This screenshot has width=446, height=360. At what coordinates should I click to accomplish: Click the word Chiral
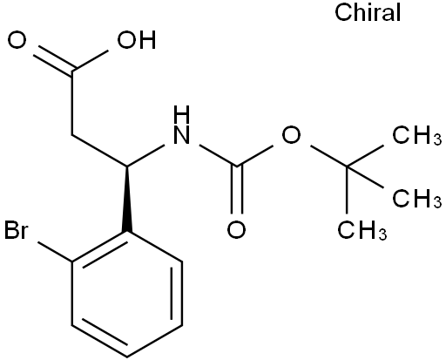[x=368, y=12]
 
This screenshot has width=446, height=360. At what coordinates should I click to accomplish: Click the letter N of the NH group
[x=181, y=135]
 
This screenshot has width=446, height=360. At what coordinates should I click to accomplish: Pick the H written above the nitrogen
[x=181, y=114]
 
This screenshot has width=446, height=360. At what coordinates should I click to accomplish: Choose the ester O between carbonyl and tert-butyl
[x=291, y=135]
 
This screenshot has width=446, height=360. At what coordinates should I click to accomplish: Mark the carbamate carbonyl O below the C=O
[x=236, y=229]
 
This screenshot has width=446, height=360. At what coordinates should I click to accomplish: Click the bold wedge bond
[x=127, y=200]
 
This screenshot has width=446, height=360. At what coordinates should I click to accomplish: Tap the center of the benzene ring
[x=127, y=294]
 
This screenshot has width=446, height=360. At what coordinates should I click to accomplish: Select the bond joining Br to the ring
[x=55, y=252]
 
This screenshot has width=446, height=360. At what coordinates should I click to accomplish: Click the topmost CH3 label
[x=417, y=135]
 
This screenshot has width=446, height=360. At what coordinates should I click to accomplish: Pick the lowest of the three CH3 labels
[x=362, y=230]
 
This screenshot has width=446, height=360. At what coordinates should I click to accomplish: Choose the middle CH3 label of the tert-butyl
[x=417, y=198]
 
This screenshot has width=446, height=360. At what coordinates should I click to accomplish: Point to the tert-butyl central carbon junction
[x=347, y=166]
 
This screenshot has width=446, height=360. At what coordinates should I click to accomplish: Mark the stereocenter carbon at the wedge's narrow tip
[x=127, y=166]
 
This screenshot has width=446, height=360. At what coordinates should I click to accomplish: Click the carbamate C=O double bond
[x=237, y=190]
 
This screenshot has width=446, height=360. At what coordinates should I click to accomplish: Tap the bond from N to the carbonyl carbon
[x=219, y=156]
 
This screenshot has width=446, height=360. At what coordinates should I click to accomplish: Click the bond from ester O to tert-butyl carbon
[x=328, y=156]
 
